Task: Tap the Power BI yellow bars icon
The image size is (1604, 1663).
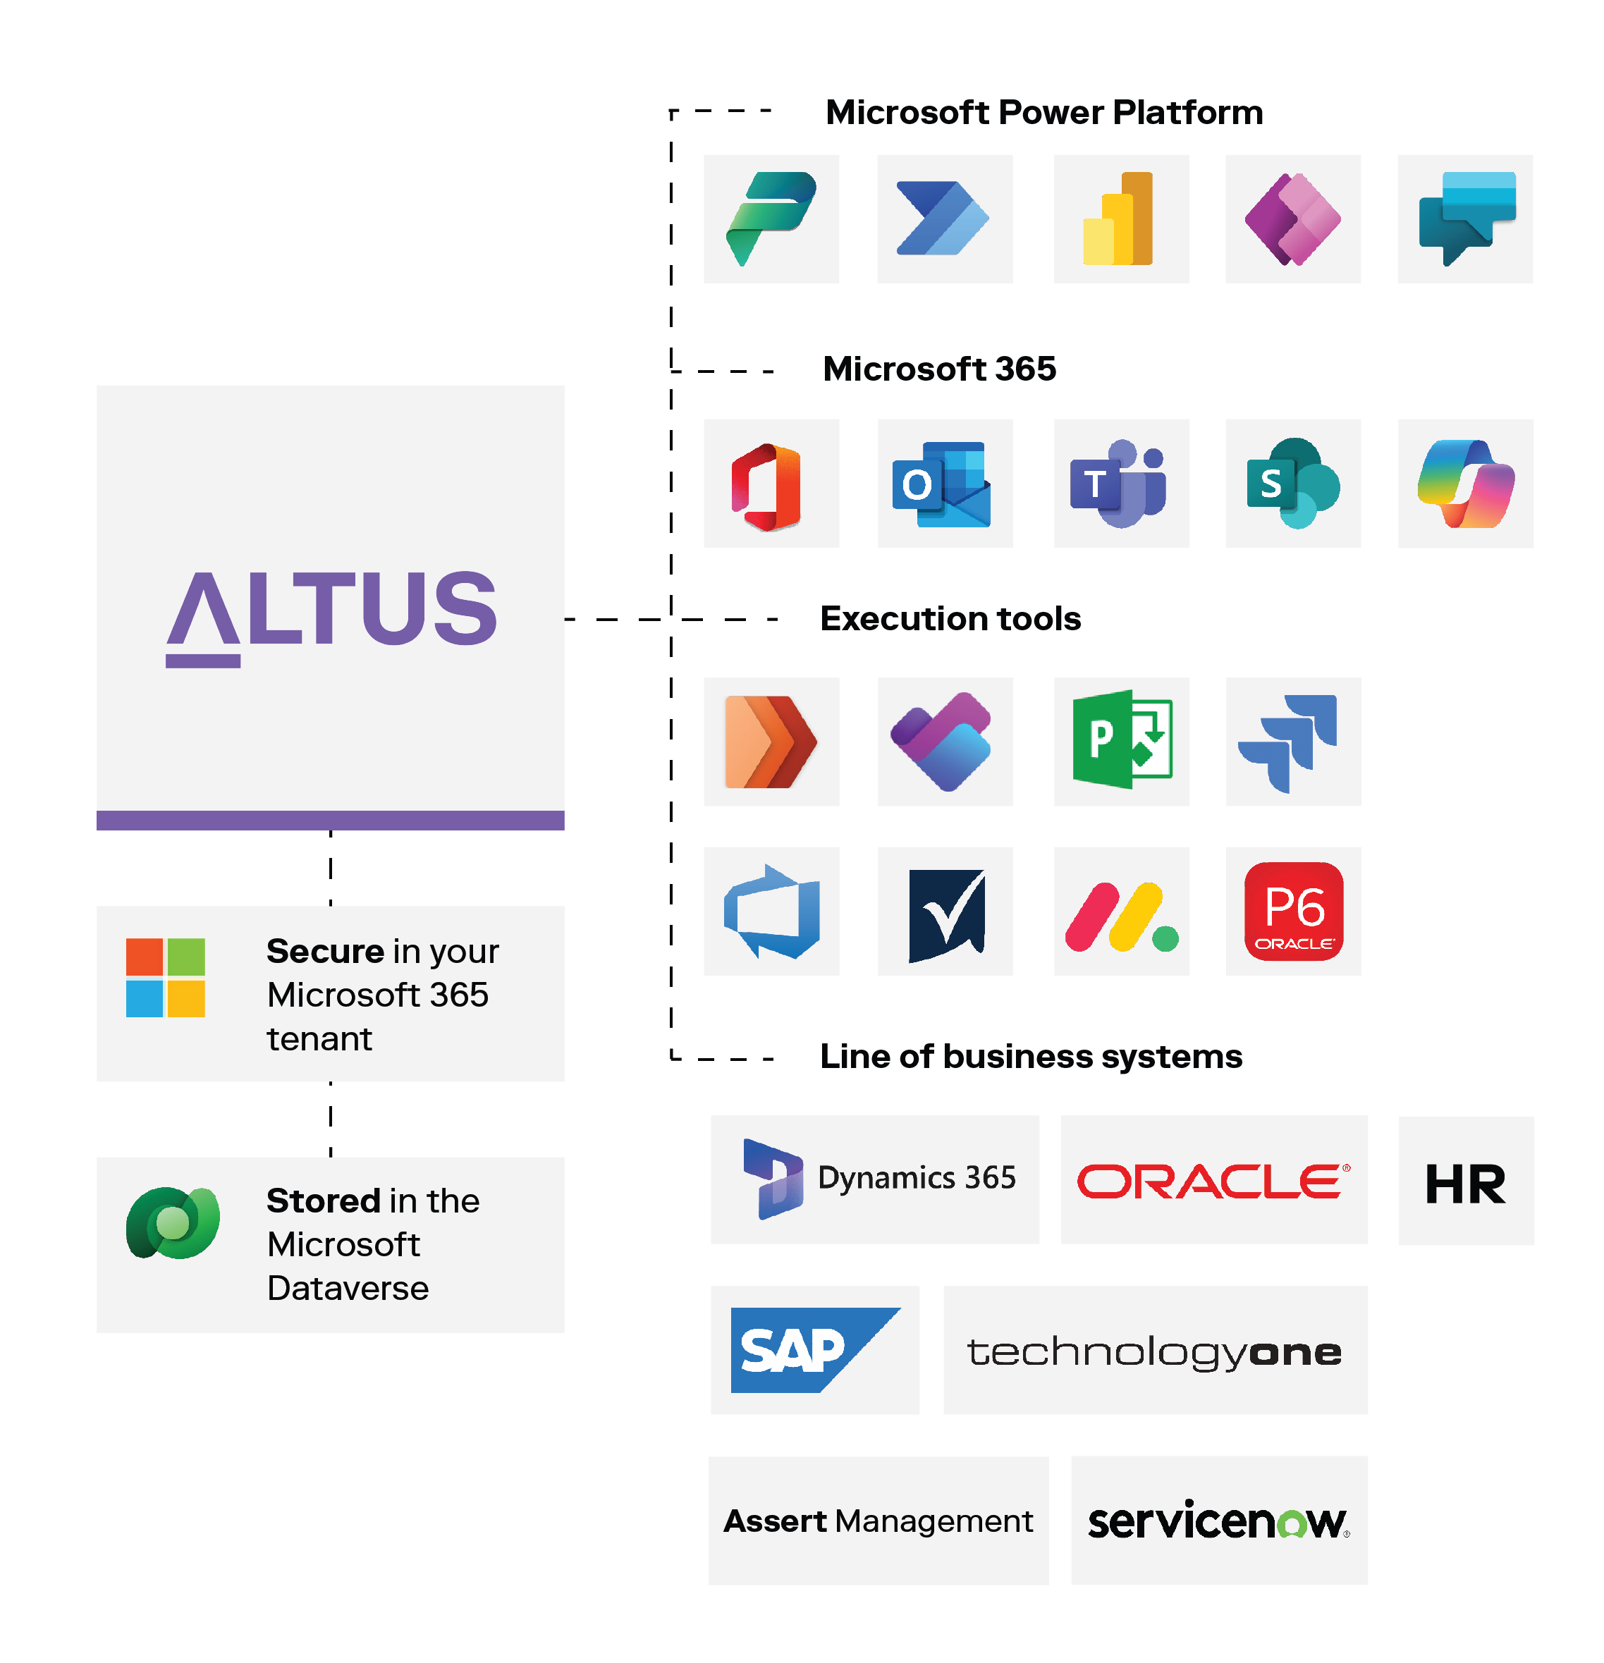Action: tap(1118, 219)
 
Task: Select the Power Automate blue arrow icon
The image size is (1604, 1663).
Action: tap(943, 219)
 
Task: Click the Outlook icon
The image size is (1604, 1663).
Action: tap(941, 485)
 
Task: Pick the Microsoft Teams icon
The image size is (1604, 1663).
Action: tap(1118, 484)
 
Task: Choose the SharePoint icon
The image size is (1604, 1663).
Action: tap(1292, 484)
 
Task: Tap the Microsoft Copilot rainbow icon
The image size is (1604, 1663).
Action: tap(1466, 484)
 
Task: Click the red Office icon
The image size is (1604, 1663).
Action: tap(767, 487)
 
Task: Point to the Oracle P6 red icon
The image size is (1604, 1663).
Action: tap(1293, 912)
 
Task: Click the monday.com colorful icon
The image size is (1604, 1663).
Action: tap(1121, 917)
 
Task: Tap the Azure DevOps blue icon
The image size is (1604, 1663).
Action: tap(771, 912)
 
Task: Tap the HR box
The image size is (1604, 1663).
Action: tap(1466, 1184)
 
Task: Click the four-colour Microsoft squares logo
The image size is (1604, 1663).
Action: tap(166, 978)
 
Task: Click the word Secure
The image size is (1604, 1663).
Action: tap(325, 951)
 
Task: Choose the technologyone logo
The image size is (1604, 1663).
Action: tap(1155, 1351)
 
